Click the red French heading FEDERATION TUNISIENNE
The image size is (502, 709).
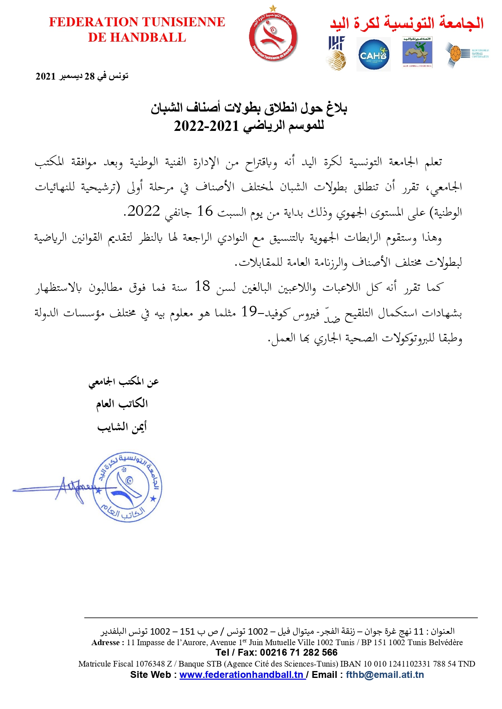coord(137,22)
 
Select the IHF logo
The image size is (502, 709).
coord(336,53)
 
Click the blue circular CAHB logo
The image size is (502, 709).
coord(373,55)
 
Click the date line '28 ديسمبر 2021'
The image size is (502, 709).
coord(82,76)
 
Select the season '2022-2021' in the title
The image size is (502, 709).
coord(206,126)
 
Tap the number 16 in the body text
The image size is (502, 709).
coord(205,211)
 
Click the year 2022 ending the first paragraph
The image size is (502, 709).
coord(144,211)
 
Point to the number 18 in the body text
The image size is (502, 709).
coord(202,286)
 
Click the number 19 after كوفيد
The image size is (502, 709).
coord(249,311)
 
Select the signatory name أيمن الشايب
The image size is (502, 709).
coord(122,427)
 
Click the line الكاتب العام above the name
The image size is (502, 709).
coord(122,404)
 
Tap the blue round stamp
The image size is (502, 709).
coord(127,487)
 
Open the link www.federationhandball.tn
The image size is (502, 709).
coord(241,675)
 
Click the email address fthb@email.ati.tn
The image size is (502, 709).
coord(385,675)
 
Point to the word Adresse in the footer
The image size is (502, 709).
coord(106,642)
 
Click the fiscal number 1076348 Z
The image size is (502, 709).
coord(154,664)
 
